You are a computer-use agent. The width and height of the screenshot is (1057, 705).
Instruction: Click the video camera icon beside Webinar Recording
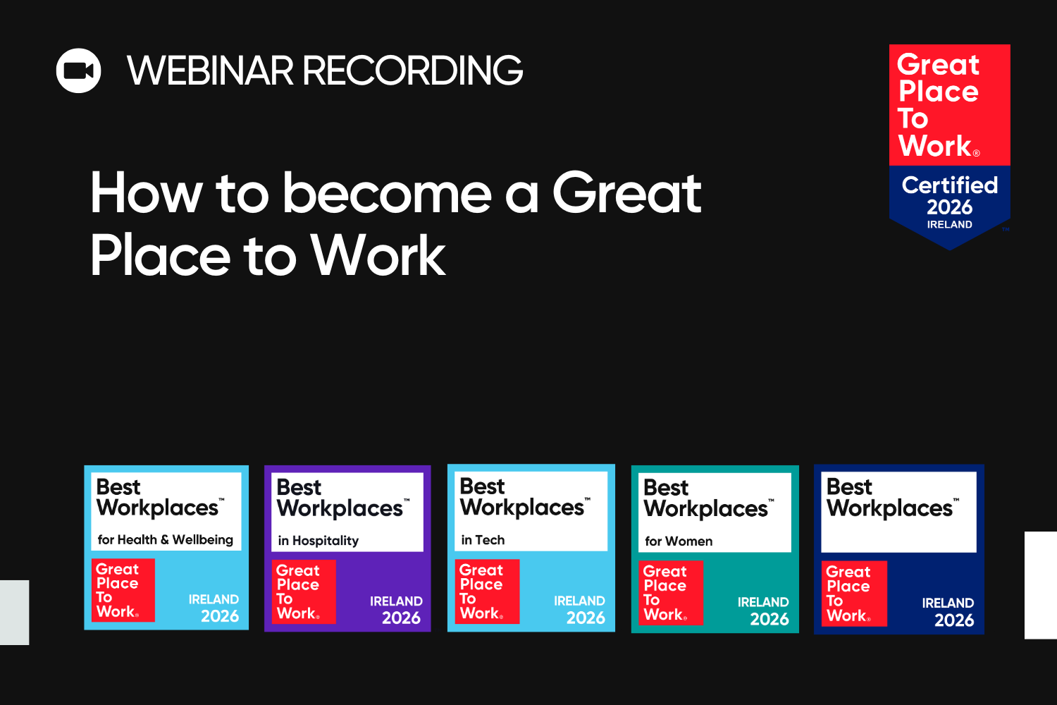pyautogui.click(x=78, y=70)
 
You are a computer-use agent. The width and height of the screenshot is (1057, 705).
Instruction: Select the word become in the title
pyautogui.click(x=387, y=193)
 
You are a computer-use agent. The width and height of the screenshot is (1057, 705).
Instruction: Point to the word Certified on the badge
pyautogui.click(x=949, y=185)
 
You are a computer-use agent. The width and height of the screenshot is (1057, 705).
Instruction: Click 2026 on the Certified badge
pyautogui.click(x=949, y=207)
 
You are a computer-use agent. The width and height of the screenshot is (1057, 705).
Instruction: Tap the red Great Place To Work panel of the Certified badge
pyautogui.click(x=949, y=105)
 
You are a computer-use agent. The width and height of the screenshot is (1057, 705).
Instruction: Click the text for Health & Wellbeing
pyautogui.click(x=166, y=540)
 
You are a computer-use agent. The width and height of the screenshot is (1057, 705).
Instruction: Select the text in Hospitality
pyautogui.click(x=319, y=541)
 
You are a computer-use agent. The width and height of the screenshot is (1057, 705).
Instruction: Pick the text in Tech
pyautogui.click(x=483, y=540)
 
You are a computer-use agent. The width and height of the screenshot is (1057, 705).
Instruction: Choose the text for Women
pyautogui.click(x=679, y=541)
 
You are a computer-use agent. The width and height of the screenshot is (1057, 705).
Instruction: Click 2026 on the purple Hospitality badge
pyautogui.click(x=401, y=618)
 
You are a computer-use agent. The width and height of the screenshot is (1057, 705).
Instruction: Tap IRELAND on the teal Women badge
pyautogui.click(x=763, y=602)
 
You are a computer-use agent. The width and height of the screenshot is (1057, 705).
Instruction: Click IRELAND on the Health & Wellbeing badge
pyautogui.click(x=214, y=599)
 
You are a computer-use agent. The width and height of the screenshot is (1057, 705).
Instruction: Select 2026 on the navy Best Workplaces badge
pyautogui.click(x=954, y=620)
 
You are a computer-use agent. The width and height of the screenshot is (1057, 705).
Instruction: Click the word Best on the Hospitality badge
pyautogui.click(x=299, y=488)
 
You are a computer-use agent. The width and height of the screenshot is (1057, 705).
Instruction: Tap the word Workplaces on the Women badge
pyautogui.click(x=706, y=509)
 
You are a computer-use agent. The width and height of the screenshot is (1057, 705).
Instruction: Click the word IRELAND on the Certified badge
pyautogui.click(x=949, y=225)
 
